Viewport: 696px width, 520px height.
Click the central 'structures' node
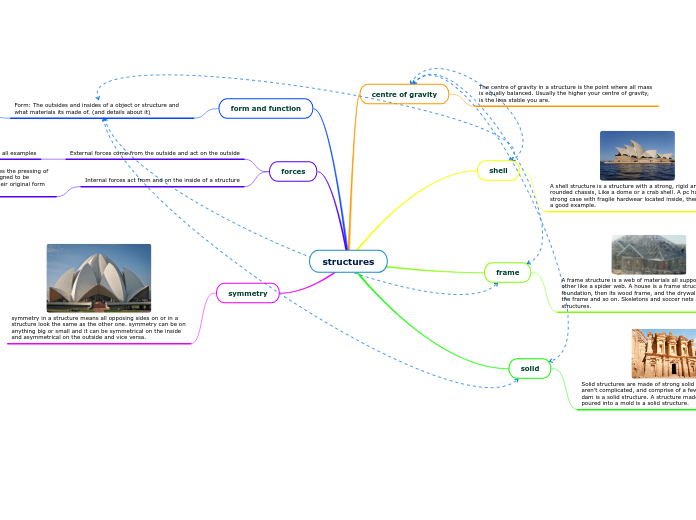[x=348, y=262]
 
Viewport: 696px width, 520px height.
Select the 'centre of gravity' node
[x=404, y=94]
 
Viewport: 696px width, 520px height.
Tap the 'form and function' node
[x=265, y=108]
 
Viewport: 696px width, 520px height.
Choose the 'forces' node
[x=293, y=172]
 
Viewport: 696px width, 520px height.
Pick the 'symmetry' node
[x=248, y=293]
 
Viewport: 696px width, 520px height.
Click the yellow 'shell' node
[x=498, y=171]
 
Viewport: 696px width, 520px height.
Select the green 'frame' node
[x=507, y=272]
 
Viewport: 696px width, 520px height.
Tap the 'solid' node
[x=529, y=369]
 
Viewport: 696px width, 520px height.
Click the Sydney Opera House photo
[x=637, y=155]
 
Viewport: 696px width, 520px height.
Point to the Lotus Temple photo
[x=99, y=278]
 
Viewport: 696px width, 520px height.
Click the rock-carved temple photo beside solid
[x=662, y=353]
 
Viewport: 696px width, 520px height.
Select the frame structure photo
[x=648, y=255]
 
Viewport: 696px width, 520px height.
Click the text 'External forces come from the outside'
[x=154, y=153]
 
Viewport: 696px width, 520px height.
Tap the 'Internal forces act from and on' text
[x=162, y=180]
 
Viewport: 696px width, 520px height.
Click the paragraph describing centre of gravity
[x=564, y=93]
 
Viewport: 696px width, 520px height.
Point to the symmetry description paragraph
[x=98, y=328]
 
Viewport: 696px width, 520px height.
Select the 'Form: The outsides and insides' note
[x=96, y=108]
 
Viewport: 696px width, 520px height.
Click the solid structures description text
[x=638, y=393]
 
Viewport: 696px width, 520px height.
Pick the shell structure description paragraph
[x=622, y=195]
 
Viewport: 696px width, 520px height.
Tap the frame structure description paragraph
[x=628, y=293]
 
